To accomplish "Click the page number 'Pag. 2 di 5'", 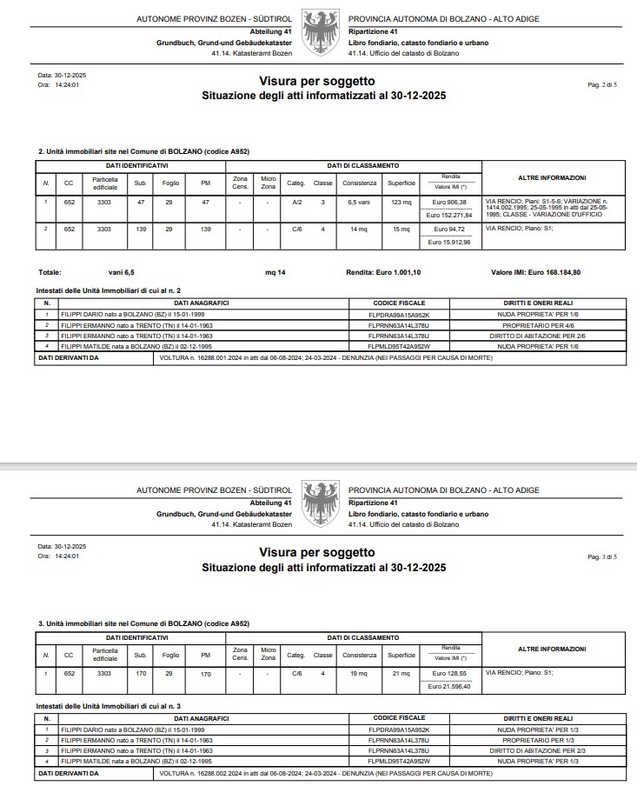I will click(602, 84).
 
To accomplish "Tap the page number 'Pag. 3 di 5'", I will click(602, 556).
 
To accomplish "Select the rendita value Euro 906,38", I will click(450, 202).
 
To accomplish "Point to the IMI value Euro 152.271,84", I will click(450, 215).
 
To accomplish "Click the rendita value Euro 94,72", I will click(450, 229).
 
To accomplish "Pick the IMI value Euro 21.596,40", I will click(450, 686).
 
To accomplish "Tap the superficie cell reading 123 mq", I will click(402, 203).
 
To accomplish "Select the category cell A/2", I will click(296, 203).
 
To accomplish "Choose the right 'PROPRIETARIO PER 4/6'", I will click(536, 324).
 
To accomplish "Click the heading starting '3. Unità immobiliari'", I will click(143, 623).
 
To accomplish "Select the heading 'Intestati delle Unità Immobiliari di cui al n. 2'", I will click(109, 290).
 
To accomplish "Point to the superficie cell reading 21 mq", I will click(402, 673).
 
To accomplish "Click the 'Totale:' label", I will click(50, 272).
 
